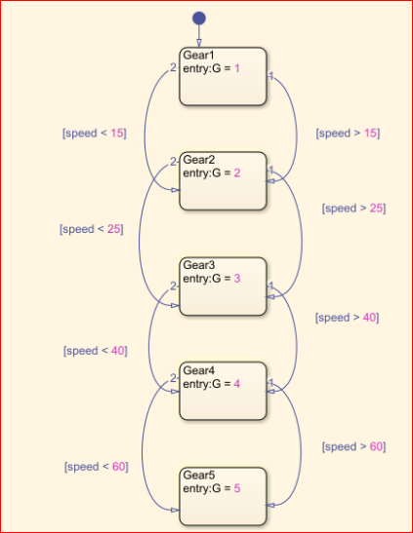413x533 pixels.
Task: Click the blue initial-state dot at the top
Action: point(199,19)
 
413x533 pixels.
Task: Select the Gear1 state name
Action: point(198,56)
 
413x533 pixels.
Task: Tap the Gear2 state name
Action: point(199,160)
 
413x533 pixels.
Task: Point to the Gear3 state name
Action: point(199,265)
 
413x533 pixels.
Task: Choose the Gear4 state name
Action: point(199,370)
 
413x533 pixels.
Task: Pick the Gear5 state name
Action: point(199,476)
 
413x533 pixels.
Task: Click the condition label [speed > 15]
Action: point(348,133)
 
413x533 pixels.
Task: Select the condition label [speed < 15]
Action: point(95,133)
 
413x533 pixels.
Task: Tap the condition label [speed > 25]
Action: point(353,208)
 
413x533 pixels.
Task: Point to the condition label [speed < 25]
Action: point(91,229)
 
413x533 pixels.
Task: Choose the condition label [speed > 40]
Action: point(347,318)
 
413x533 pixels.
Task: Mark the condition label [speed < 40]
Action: point(96,351)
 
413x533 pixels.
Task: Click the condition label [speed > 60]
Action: point(353,446)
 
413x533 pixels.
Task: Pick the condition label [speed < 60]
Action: point(97,467)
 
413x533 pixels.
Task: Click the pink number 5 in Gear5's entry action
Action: point(237,488)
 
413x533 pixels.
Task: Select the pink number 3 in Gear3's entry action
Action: point(237,279)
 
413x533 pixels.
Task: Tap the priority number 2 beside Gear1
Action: point(173,67)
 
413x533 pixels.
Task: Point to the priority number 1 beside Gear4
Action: point(271,383)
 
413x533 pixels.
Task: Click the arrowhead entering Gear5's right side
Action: point(269,506)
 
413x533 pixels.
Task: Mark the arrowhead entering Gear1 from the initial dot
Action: point(199,43)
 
